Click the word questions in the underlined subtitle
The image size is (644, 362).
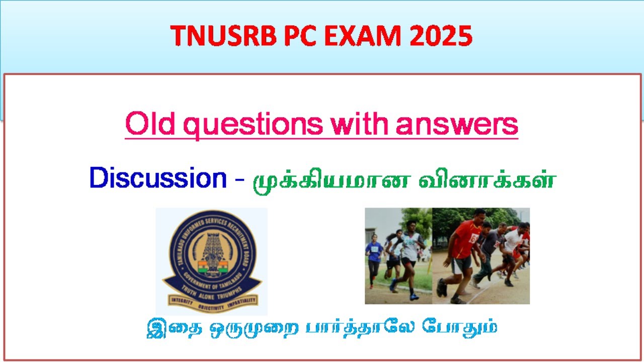250,124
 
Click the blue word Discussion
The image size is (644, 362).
158,178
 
